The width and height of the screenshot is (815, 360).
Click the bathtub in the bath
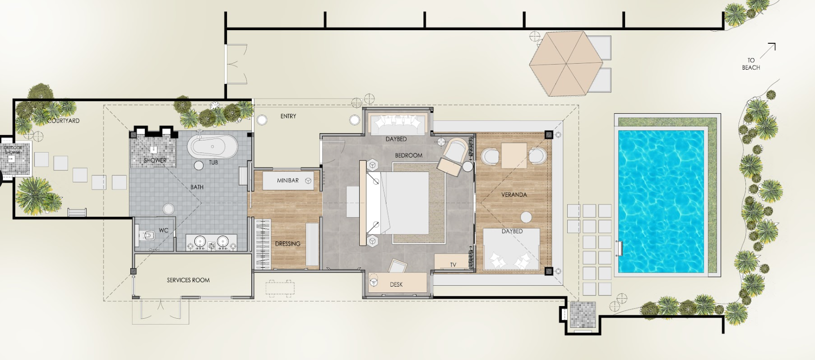click(212, 147)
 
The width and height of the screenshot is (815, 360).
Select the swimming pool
click(661, 202)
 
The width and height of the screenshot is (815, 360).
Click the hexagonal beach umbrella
click(566, 64)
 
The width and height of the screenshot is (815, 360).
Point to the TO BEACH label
click(751, 64)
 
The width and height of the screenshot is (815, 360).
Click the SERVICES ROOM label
click(188, 280)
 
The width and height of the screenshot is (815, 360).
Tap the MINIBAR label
click(287, 180)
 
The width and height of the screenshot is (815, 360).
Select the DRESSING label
click(287, 243)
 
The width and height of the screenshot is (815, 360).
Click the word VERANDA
click(514, 194)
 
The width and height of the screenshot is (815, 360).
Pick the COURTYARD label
click(63, 120)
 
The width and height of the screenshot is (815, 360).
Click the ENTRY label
click(288, 116)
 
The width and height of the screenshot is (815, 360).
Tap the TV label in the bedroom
click(453, 265)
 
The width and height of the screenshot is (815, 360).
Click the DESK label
click(396, 284)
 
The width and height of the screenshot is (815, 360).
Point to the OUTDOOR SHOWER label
click(13, 150)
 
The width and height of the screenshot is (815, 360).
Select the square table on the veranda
click(514, 155)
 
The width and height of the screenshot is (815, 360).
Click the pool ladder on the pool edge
click(619, 248)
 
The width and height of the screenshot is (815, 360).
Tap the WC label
click(163, 230)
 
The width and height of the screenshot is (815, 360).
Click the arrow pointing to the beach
click(768, 51)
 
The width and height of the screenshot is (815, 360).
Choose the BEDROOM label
click(409, 155)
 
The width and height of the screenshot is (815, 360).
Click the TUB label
click(213, 163)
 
